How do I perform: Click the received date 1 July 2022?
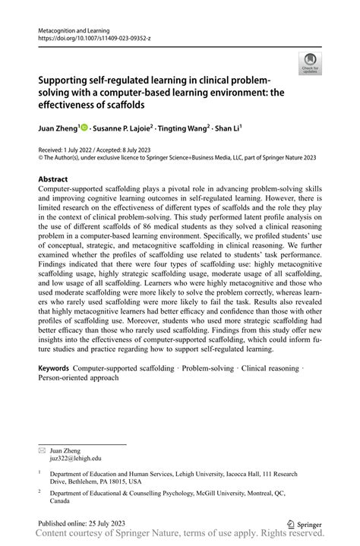pyautogui.click(x=74, y=152)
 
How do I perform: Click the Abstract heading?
pyautogui.click(x=57, y=179)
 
